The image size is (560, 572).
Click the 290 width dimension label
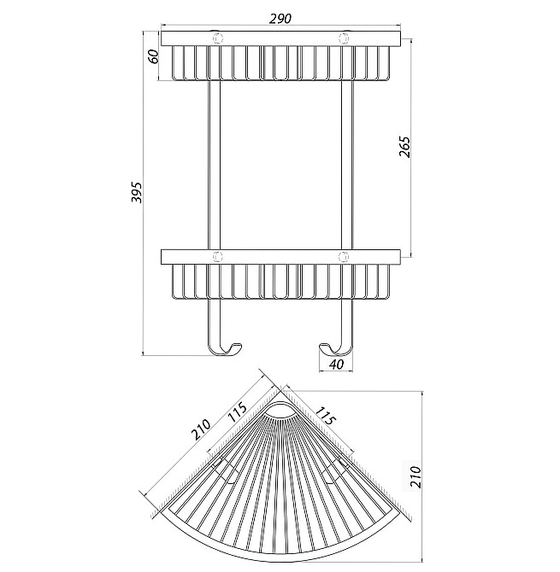(280, 16)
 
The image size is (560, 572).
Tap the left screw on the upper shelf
(217, 38)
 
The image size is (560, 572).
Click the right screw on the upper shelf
(344, 38)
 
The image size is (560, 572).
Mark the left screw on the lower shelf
(217, 255)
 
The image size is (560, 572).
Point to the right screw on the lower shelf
(344, 255)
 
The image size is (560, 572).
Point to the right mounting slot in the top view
(339, 470)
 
